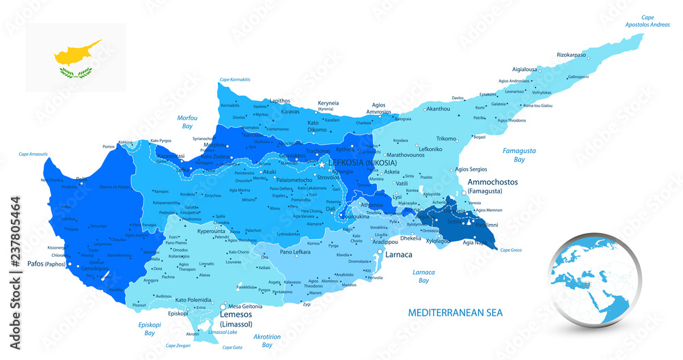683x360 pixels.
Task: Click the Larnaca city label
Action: coord(398,255)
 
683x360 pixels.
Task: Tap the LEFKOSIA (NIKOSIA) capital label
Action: coord(362,163)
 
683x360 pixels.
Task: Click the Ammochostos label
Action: coord(492,182)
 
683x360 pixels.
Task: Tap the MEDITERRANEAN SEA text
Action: coord(455,312)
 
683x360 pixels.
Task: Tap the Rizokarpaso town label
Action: coord(572,54)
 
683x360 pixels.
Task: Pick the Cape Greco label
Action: coord(510,250)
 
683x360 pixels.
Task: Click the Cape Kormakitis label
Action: coord(234,80)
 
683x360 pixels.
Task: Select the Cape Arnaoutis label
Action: coord(33,154)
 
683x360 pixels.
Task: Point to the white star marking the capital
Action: coord(322,164)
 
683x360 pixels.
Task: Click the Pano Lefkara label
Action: coord(296,252)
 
